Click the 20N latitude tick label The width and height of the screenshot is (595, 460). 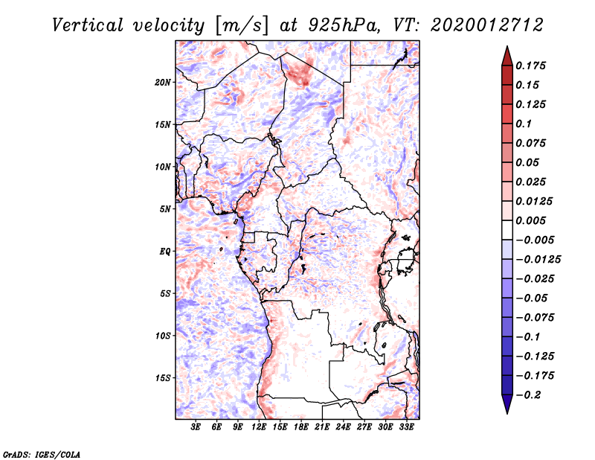(163, 83)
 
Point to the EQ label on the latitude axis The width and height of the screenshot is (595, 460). (165, 252)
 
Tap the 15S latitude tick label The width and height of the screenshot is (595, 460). (163, 378)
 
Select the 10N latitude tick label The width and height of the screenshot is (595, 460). (163, 167)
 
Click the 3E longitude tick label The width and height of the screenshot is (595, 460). (196, 427)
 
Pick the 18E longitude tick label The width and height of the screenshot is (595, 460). (301, 427)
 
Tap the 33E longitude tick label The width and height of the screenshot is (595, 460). (406, 427)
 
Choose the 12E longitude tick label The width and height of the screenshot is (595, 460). (259, 427)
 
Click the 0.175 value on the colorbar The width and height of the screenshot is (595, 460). (530, 66)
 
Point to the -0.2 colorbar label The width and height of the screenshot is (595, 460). (528, 395)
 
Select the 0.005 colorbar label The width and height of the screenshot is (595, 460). (530, 220)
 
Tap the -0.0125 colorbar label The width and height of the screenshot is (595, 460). (538, 260)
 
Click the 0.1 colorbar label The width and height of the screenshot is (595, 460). (524, 124)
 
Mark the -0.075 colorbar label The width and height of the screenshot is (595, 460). (535, 318)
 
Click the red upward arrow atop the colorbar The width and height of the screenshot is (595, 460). (507, 57)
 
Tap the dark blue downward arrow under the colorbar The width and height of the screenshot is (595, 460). (507, 403)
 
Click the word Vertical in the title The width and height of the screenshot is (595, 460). (88, 25)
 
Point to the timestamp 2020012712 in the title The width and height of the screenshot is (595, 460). (487, 25)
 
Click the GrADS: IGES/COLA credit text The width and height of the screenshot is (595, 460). (42, 454)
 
